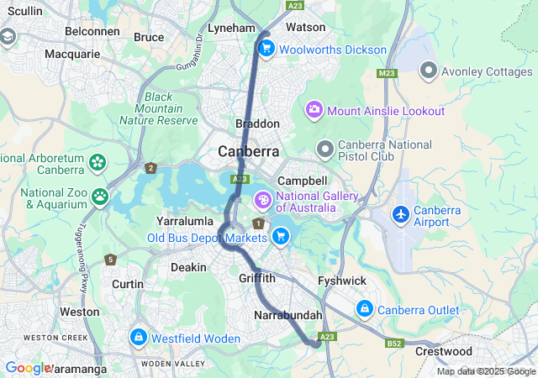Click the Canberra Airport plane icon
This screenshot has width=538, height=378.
click(x=401, y=214)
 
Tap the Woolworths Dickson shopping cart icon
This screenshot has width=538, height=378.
click(x=266, y=49)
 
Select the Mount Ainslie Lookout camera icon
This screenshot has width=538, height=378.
click(x=314, y=110)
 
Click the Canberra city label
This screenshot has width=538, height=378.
click(x=248, y=152)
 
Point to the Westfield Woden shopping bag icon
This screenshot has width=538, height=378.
click(x=137, y=338)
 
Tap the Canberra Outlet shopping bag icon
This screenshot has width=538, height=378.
click(x=364, y=309)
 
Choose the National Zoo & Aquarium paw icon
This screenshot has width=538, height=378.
click(x=101, y=197)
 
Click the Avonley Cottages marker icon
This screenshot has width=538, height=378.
click(x=428, y=71)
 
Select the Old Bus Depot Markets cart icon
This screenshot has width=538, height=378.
click(x=281, y=237)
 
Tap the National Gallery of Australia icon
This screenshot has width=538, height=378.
click(x=262, y=200)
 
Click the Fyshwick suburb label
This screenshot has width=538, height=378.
click(x=340, y=281)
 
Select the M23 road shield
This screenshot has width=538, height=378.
click(x=387, y=73)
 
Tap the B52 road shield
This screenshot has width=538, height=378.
click(x=394, y=343)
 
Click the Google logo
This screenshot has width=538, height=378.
click(x=28, y=367)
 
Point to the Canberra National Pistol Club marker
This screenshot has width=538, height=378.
click(x=325, y=149)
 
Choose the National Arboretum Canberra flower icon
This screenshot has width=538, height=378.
click(x=98, y=160)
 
